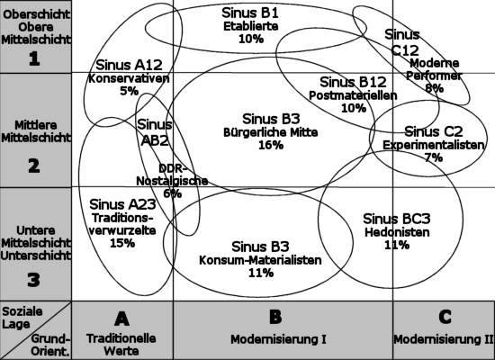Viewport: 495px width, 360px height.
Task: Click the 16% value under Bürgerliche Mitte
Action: tap(271, 145)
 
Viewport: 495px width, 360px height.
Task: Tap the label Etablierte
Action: tap(251, 26)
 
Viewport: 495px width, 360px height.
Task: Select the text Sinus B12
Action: tap(353, 82)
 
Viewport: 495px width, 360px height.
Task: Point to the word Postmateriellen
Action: tap(353, 95)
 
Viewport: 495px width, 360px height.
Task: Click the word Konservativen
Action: tap(129, 78)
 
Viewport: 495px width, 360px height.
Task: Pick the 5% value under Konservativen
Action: tap(129, 91)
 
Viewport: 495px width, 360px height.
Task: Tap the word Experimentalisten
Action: tap(434, 145)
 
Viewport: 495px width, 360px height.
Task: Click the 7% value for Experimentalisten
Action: tap(434, 157)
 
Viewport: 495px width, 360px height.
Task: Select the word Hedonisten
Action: tap(397, 232)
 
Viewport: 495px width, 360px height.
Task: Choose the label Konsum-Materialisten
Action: tap(260, 260)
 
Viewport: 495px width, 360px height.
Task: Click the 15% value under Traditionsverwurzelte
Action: tap(122, 243)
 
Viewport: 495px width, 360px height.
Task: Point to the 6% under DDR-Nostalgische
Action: tap(173, 193)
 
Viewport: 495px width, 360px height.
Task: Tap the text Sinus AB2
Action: tap(155, 132)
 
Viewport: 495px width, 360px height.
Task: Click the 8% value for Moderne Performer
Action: tap(434, 88)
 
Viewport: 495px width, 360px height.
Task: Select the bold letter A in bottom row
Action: tap(121, 319)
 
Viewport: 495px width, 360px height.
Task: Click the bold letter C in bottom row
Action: tap(445, 317)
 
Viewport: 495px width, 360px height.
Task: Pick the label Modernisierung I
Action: tap(278, 339)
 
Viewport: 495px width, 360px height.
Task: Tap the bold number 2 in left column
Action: tap(34, 166)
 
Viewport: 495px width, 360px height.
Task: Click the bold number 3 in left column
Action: tap(34, 280)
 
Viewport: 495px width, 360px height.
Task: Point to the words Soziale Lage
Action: tap(22, 318)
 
